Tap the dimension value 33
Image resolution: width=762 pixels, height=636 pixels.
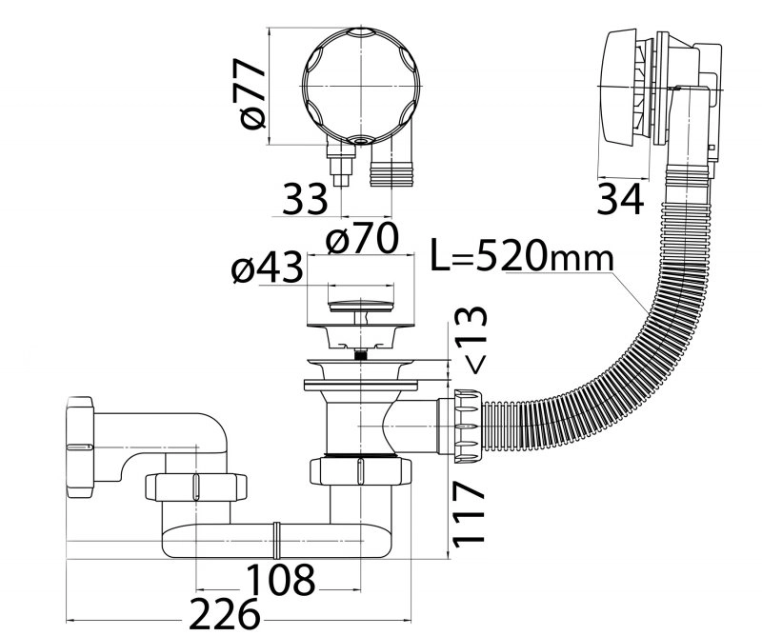coord(305,199)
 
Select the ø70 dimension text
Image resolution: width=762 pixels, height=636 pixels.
coord(362,238)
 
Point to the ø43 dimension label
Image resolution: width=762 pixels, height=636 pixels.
coord(267,268)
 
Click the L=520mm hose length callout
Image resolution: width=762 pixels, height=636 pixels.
coord(522,254)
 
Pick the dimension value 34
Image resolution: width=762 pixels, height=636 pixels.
coord(620,199)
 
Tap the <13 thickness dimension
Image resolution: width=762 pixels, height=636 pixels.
coord(470,340)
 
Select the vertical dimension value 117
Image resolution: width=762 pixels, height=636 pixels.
coord(469,513)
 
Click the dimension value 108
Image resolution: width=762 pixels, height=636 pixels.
coord(280,580)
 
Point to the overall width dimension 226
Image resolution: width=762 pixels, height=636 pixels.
coord(224,614)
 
